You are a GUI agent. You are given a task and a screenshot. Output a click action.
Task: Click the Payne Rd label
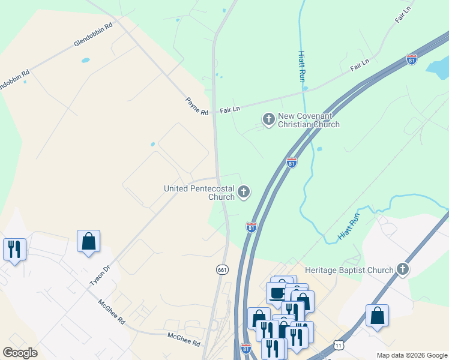coord(196,107)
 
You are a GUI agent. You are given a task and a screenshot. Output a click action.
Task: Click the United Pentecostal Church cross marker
coord(243,192)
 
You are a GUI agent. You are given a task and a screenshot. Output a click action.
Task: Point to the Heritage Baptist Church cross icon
coord(403,269)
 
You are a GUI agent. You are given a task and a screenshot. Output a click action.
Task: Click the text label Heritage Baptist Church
coord(349,270)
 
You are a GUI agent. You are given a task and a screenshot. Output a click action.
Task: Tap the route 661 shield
coord(222,270)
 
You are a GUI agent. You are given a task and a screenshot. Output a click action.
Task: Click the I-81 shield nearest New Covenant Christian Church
coord(291,163)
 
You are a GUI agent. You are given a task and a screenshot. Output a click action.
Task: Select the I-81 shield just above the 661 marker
coord(252,227)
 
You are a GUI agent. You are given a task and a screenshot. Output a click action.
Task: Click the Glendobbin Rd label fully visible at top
coord(93,35)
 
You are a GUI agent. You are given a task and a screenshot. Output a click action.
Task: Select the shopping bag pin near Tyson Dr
coord(89,241)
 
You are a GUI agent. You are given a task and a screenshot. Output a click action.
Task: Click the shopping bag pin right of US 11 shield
coord(377,316)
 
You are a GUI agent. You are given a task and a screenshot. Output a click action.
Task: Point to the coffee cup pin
coord(277,293)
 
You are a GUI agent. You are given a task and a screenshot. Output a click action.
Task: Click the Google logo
coord(20,353)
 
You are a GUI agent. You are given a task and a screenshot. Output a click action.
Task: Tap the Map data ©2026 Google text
coord(411,355)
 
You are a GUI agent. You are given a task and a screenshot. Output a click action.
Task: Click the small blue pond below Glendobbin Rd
coord(85,61)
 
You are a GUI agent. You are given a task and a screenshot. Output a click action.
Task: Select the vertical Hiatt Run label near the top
coord(301,66)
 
